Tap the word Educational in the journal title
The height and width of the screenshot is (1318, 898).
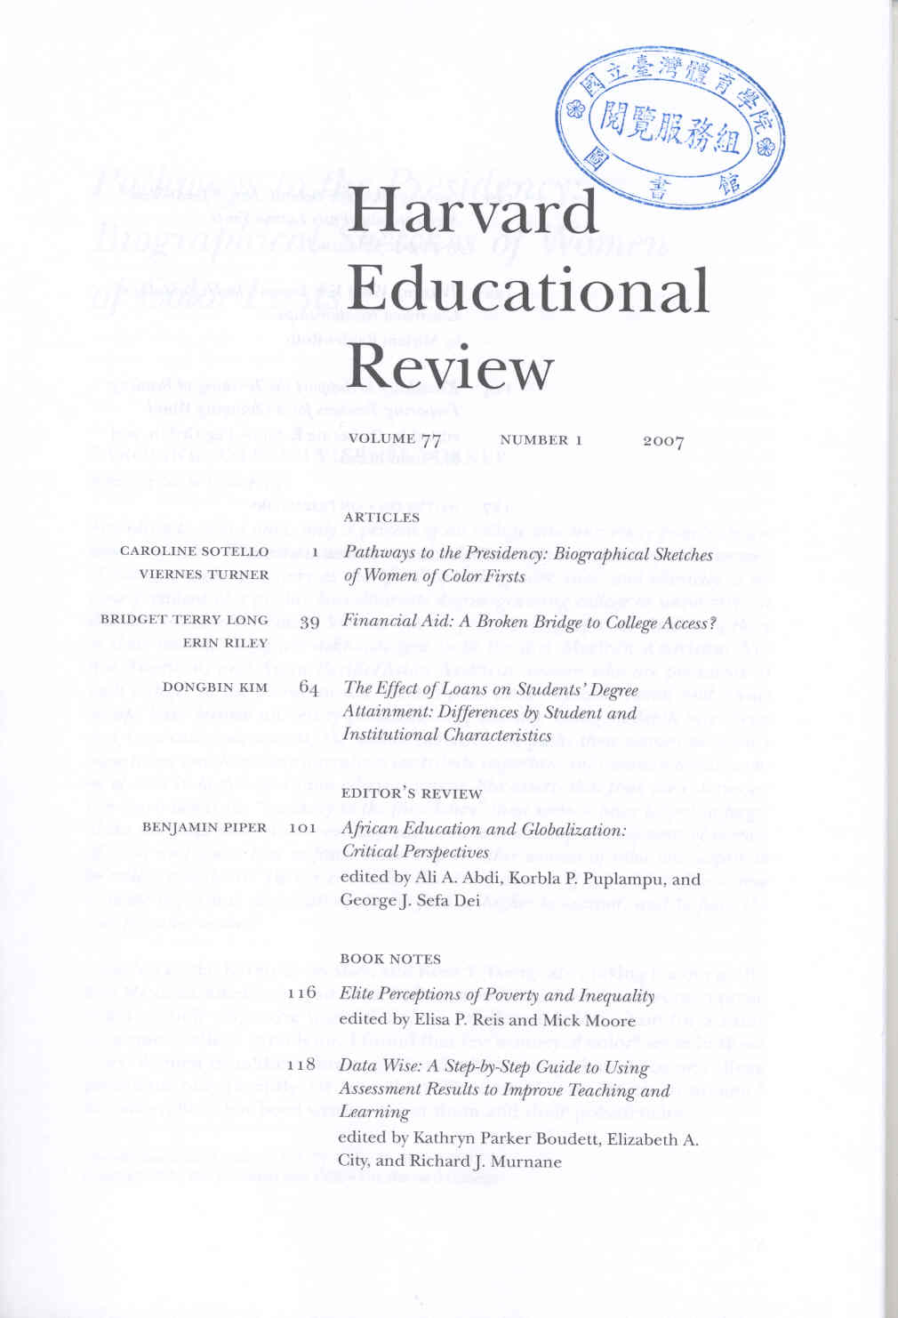click(x=528, y=290)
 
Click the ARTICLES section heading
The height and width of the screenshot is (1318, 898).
click(x=381, y=518)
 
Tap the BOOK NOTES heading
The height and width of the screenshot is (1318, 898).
click(x=390, y=959)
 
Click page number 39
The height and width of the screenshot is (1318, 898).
click(x=309, y=623)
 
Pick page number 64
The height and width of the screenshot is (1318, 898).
click(x=309, y=687)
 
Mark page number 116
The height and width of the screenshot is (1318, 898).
click(x=302, y=993)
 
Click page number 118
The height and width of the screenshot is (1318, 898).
click(x=302, y=1064)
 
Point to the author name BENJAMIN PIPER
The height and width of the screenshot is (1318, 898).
click(x=204, y=828)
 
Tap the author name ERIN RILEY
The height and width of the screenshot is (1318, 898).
click(x=225, y=643)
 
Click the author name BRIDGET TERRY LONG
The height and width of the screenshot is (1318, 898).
click(x=184, y=620)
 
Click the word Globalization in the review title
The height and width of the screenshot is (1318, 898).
click(x=573, y=829)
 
